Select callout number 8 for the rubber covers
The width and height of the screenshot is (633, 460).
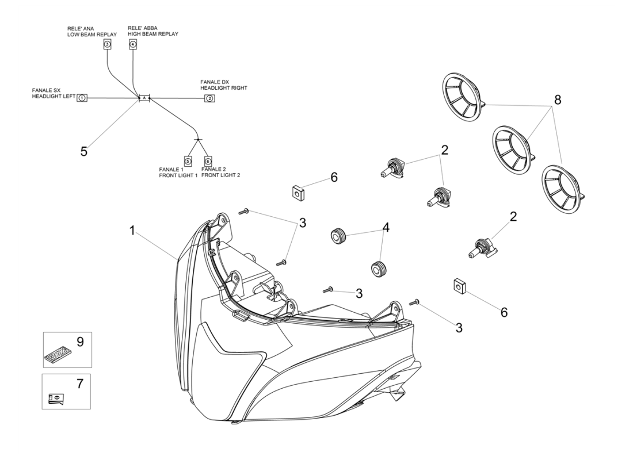point(556,99)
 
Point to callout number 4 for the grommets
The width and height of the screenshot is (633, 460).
point(386,228)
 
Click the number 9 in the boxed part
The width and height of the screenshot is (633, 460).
point(80,342)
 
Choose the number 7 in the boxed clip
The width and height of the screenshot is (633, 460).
point(80,384)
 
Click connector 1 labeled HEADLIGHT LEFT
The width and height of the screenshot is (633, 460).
point(82,98)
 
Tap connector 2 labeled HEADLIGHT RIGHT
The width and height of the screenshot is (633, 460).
point(210,98)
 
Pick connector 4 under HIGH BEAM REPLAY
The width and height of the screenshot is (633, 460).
point(133,44)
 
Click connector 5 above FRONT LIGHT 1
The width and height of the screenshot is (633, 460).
point(188,161)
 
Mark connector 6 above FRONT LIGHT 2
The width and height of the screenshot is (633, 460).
point(208,161)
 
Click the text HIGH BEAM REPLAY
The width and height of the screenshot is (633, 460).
point(152,34)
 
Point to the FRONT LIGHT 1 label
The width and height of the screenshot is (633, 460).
point(178,175)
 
